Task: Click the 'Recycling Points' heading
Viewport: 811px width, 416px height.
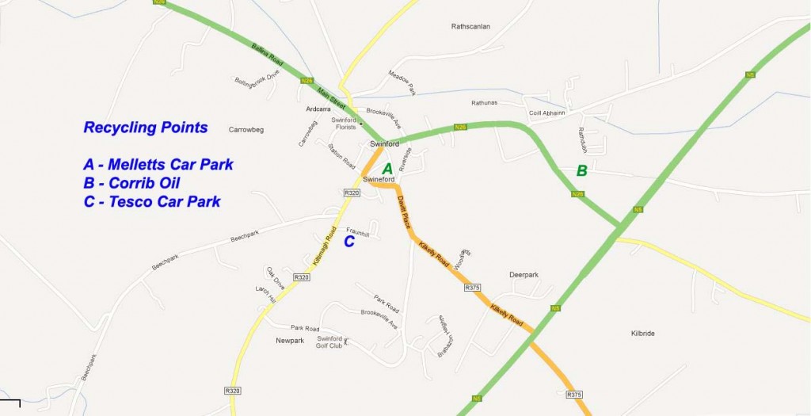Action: coord(146,128)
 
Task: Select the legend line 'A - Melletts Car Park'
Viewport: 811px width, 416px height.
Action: coord(158,165)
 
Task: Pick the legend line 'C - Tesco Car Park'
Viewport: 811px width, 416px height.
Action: coord(152,201)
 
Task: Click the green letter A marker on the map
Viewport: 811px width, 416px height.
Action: coord(387,169)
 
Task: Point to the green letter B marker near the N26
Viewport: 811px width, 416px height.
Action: coord(581,170)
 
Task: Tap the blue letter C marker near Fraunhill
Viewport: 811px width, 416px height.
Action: coord(348,242)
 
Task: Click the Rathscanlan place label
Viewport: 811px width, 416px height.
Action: coord(470,26)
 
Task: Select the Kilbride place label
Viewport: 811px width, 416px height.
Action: coord(642,334)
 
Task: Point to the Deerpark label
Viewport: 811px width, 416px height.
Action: coord(524,275)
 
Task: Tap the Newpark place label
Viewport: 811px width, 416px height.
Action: coord(290,341)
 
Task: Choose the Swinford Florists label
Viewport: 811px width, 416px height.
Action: coord(343,124)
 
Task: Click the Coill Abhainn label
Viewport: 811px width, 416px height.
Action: coord(547,113)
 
